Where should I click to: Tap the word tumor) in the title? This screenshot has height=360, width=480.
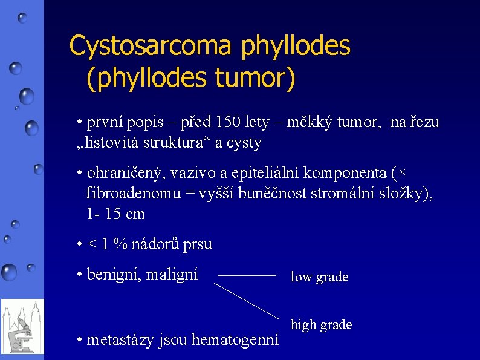pyautogui.click(x=256, y=79)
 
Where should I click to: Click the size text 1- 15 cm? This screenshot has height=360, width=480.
pyautogui.click(x=115, y=214)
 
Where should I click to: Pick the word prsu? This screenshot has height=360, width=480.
pyautogui.click(x=196, y=244)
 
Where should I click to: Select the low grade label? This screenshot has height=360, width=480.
pyautogui.click(x=319, y=277)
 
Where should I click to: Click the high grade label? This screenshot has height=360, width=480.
pyautogui.click(x=321, y=325)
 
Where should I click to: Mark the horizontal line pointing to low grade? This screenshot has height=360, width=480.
pyautogui.click(x=246, y=275)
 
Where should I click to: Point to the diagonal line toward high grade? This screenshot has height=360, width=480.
pyautogui.click(x=247, y=301)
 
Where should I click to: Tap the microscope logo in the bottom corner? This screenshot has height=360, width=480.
pyautogui.click(x=22, y=327)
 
